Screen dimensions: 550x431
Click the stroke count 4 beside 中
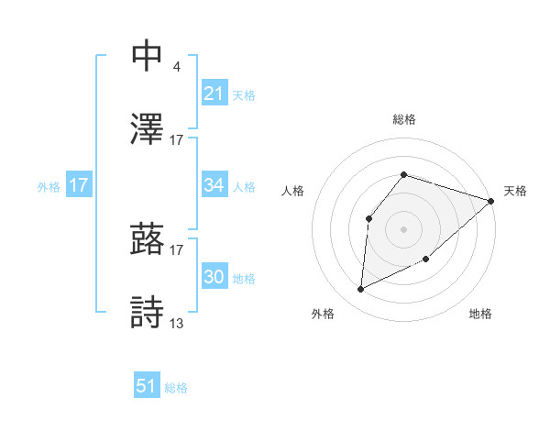pyautogui.click(x=176, y=67)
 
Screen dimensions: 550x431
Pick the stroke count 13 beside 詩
pyautogui.click(x=177, y=324)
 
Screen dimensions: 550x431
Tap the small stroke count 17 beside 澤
pyautogui.click(x=177, y=140)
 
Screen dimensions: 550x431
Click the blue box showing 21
pyautogui.click(x=214, y=94)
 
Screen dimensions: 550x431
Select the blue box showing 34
pyautogui.click(x=214, y=185)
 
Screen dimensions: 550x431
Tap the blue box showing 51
pyautogui.click(x=147, y=387)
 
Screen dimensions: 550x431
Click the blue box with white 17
pyautogui.click(x=79, y=185)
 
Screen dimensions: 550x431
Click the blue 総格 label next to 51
pyautogui.click(x=176, y=388)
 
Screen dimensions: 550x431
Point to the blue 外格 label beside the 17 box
pyautogui.click(x=49, y=186)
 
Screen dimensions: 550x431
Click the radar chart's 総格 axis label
pyautogui.click(x=403, y=119)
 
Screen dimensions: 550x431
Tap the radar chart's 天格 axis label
pyautogui.click(x=515, y=191)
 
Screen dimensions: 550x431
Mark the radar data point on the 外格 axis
pyautogui.click(x=360, y=289)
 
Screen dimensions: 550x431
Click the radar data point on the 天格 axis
pyautogui.click(x=491, y=201)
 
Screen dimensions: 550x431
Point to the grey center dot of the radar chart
pyautogui.click(x=403, y=227)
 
